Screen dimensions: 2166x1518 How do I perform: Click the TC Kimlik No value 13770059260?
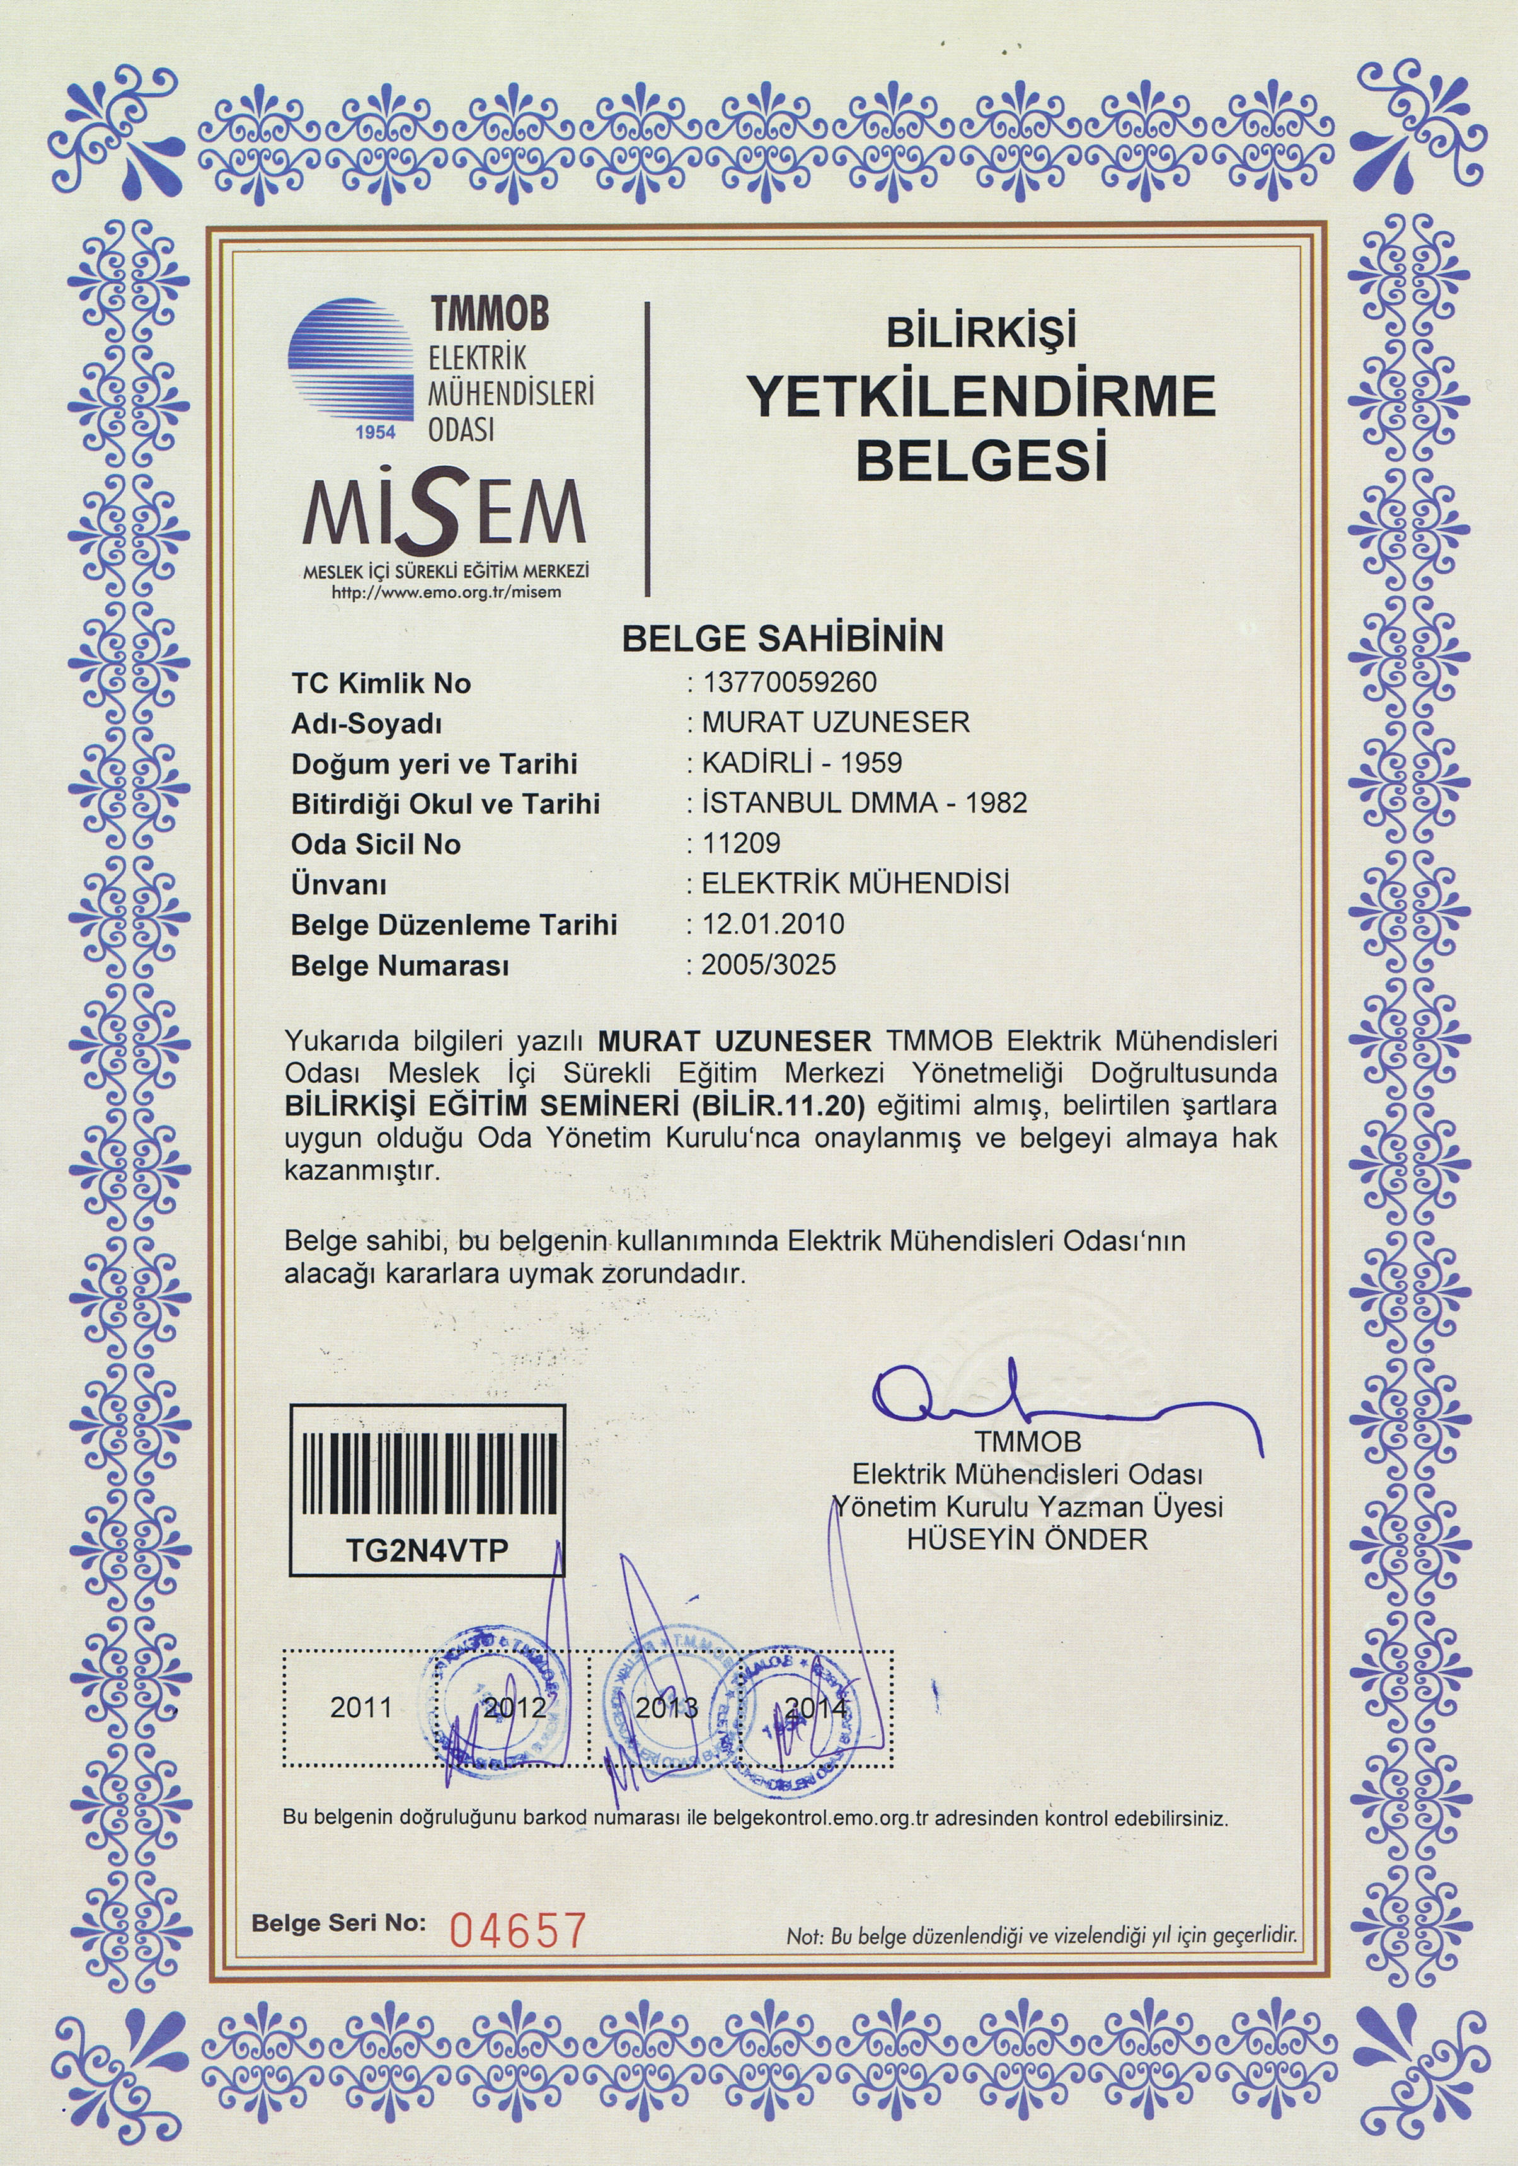(789, 681)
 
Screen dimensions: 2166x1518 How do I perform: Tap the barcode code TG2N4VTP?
(427, 1551)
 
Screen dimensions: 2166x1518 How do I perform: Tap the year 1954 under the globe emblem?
(376, 433)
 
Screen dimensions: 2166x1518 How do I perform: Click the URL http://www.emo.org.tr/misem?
(446, 592)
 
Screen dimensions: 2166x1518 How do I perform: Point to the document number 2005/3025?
(768, 964)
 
